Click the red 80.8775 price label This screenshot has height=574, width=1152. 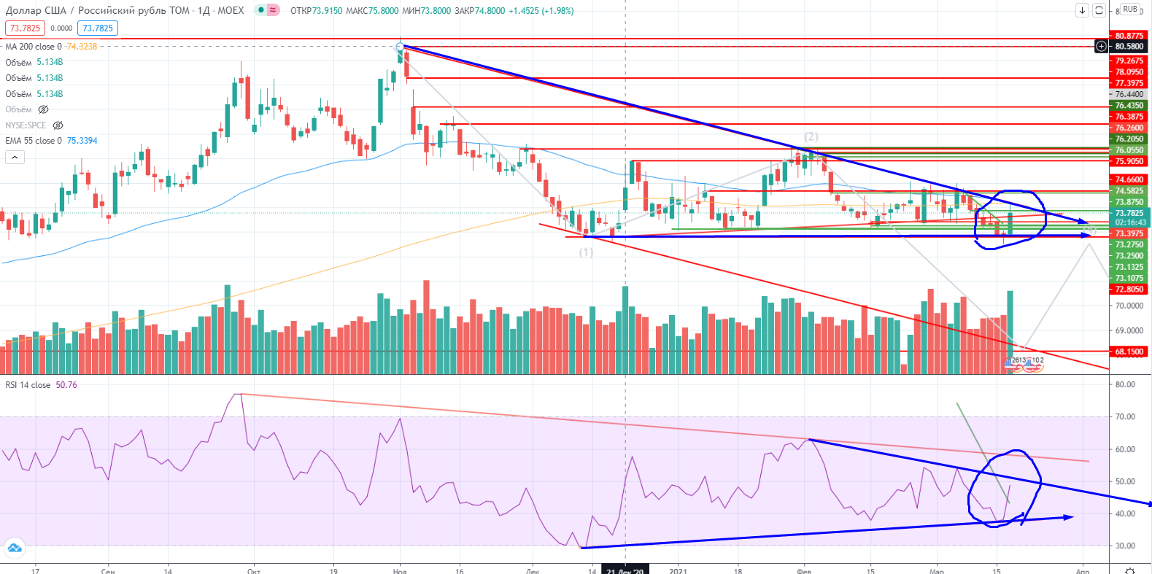tap(1129, 36)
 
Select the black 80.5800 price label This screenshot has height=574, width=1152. tap(1129, 47)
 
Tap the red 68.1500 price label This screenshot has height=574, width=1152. tap(1129, 352)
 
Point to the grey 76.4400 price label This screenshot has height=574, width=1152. tap(1129, 94)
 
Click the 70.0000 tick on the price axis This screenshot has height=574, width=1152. tap(1129, 306)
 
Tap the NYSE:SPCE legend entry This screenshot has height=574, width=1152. tap(26, 125)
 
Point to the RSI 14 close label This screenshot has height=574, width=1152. tap(28, 385)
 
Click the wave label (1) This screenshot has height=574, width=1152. tap(586, 252)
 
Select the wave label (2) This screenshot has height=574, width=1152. tap(811, 136)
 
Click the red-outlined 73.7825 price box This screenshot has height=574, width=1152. tap(25, 28)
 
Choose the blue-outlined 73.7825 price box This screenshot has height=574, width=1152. tap(98, 28)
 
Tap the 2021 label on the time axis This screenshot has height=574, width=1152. tap(679, 570)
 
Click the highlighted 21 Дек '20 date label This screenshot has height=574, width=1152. tap(625, 570)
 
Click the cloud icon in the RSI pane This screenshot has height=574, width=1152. tap(15, 548)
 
